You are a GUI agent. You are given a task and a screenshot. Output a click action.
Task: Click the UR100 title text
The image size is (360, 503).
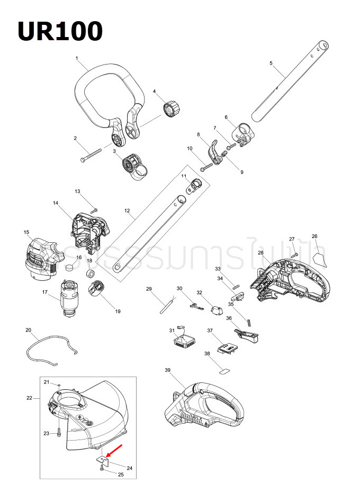coord(60,31)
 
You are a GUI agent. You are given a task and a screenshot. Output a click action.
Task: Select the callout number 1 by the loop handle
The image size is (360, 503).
coord(77,58)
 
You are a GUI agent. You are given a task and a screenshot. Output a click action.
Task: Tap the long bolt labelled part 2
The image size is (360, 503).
coord(92,154)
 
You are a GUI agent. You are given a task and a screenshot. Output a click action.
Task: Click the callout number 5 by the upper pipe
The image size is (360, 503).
coord(271,63)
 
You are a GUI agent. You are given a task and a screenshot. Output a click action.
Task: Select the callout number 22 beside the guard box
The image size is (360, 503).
coord(29,398)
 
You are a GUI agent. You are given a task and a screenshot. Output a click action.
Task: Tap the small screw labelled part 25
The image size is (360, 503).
coord(102,469)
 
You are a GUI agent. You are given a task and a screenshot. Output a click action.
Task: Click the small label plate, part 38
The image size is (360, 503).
coord(224,371)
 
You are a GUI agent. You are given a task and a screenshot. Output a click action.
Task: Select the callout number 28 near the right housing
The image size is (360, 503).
coord(260,253)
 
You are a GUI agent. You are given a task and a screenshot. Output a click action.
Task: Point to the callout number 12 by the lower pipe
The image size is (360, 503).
coord(127,211)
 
